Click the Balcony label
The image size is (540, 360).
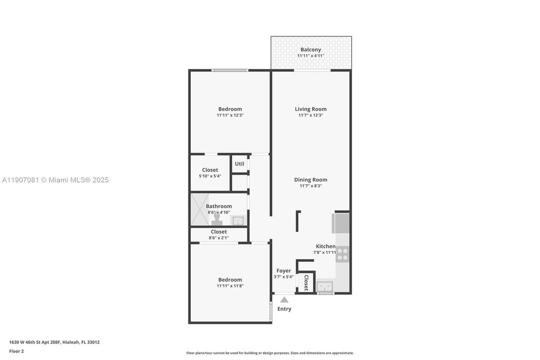pyautogui.click(x=311, y=49)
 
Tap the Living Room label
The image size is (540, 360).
pyautogui.click(x=311, y=109)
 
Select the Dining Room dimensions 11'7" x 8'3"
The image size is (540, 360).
pyautogui.click(x=311, y=186)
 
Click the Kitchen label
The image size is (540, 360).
pyautogui.click(x=326, y=246)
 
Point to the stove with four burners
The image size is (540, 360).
pyautogui.click(x=342, y=254)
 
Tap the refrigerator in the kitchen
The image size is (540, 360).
pyautogui.click(x=342, y=223)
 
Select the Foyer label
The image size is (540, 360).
pyautogui.click(x=284, y=270)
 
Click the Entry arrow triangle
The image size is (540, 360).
pyautogui.click(x=284, y=299)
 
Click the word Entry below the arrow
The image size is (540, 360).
pyautogui.click(x=284, y=309)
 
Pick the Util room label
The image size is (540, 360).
pyautogui.click(x=240, y=163)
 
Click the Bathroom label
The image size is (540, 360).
pyautogui.click(x=219, y=206)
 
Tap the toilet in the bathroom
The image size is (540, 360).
pyautogui.click(x=217, y=219)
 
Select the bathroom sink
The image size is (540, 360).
pyautogui.click(x=238, y=220)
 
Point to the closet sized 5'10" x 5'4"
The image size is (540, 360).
pyautogui.click(x=210, y=173)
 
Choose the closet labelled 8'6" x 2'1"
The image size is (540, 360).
pyautogui.click(x=219, y=234)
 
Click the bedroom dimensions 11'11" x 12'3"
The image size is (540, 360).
pyautogui.click(x=230, y=115)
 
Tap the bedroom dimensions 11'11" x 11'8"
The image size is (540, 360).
pyautogui.click(x=230, y=286)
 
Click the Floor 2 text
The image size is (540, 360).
pyautogui.click(x=16, y=351)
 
